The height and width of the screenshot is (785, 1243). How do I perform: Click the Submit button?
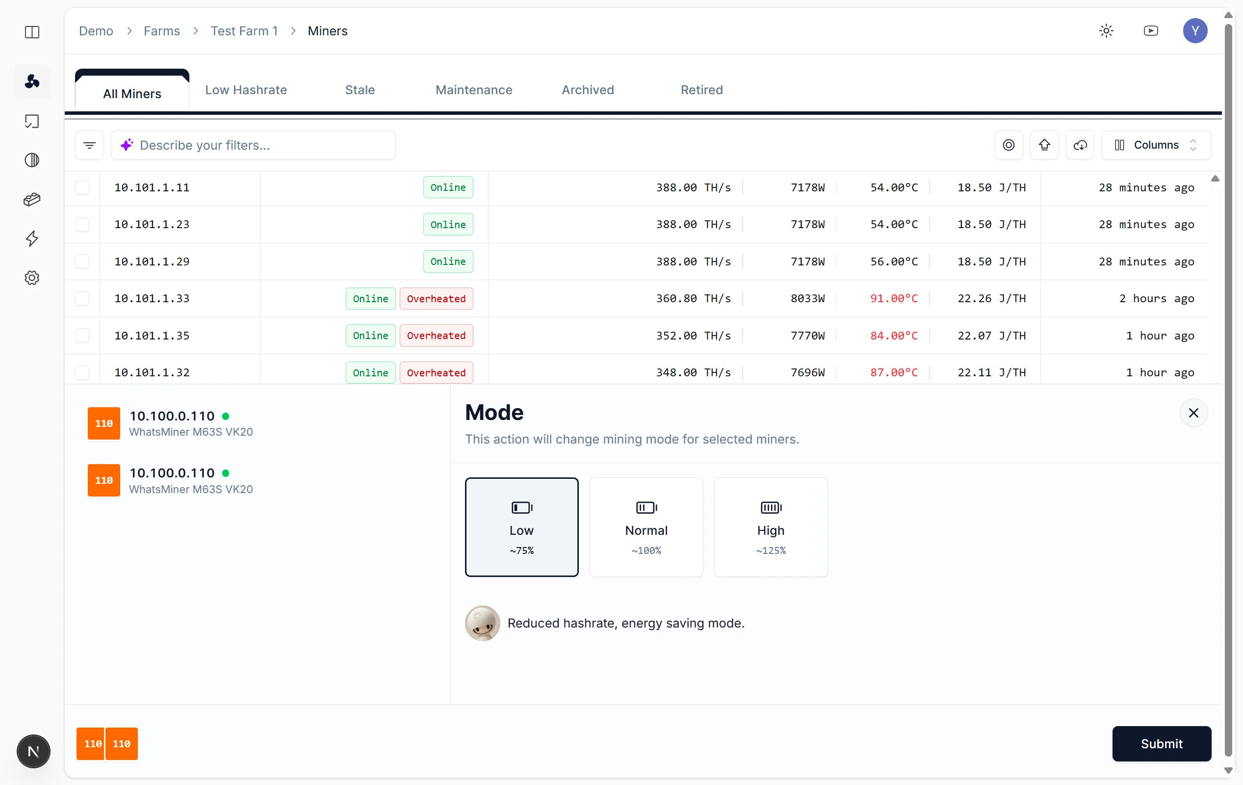pos(1162,744)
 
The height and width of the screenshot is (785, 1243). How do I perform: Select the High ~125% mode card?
pos(771,527)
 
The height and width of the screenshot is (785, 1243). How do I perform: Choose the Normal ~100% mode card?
pos(647,527)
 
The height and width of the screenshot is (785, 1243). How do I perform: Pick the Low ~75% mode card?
pos(521,527)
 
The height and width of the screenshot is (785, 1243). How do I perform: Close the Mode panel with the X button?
pos(1193,413)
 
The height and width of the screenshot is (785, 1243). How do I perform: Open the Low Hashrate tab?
pos(246,90)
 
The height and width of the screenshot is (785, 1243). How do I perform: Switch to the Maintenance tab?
pos(474,90)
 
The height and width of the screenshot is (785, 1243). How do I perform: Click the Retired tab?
pos(701,90)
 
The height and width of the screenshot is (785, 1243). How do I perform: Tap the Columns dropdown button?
pos(1156,145)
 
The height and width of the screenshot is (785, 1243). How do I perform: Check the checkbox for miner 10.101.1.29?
pos(82,262)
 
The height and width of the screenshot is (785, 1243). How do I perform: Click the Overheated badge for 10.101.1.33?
pos(436,298)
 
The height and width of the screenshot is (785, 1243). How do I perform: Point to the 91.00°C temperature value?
pos(894,298)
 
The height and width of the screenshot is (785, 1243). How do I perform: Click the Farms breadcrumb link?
pos(161,31)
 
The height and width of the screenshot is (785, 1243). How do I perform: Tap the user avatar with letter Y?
pos(1195,31)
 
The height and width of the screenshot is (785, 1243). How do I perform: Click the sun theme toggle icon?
pos(1106,31)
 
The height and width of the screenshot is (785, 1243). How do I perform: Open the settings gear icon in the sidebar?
pos(32,278)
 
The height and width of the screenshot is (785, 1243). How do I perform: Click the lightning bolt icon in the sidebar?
pos(32,238)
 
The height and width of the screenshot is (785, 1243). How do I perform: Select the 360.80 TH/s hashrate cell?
pos(693,298)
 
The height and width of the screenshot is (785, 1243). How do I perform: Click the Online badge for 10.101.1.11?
pos(448,187)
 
